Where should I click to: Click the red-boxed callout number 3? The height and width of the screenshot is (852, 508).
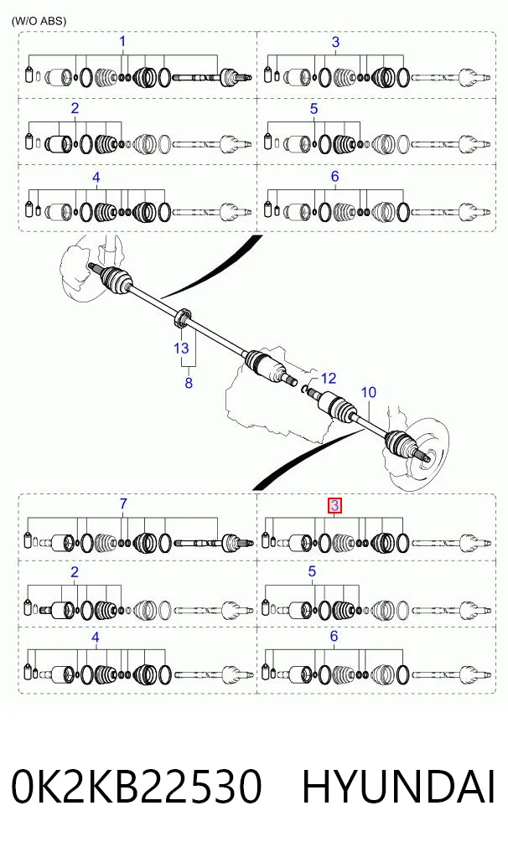click(x=334, y=506)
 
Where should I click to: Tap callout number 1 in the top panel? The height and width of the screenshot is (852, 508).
click(x=122, y=41)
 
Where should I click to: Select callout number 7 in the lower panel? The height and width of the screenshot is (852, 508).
click(x=123, y=503)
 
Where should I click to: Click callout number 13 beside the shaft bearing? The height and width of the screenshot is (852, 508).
click(x=181, y=348)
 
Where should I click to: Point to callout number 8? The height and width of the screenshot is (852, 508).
click(x=188, y=383)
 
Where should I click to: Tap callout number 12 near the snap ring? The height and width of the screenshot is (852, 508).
click(x=328, y=378)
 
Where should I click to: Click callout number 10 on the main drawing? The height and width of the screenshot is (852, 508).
click(x=368, y=392)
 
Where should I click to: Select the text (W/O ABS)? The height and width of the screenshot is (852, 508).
click(x=39, y=21)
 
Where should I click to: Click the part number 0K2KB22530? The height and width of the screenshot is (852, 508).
click(x=137, y=787)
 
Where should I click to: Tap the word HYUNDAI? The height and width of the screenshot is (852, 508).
click(x=399, y=787)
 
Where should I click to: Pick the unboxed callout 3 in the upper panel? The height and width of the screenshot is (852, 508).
click(x=335, y=41)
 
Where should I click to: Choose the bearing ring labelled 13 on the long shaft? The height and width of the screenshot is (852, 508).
click(x=182, y=318)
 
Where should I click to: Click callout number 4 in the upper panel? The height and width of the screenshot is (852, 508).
click(x=96, y=177)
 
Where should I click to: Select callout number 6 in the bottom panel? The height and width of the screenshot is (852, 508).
click(x=334, y=636)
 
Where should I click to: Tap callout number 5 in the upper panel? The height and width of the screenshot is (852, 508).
click(x=314, y=108)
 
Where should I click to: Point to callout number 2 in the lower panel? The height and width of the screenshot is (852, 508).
click(x=75, y=571)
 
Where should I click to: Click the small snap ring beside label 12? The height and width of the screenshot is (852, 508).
click(x=306, y=389)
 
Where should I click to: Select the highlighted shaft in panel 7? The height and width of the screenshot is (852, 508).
click(x=198, y=542)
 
